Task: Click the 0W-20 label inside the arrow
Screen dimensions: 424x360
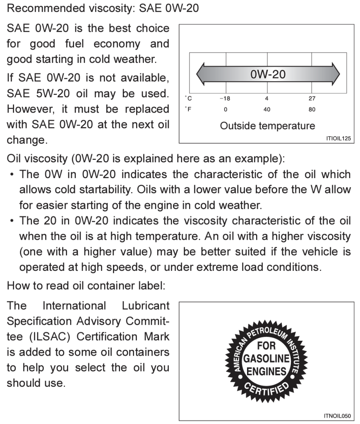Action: pyautogui.click(x=268, y=75)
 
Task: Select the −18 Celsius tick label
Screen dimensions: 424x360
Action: pyautogui.click(x=225, y=99)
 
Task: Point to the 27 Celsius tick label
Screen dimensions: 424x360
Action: pyautogui.click(x=312, y=99)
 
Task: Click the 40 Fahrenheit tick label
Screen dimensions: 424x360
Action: pyautogui.click(x=267, y=110)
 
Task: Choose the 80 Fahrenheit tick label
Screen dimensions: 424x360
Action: pyautogui.click(x=312, y=110)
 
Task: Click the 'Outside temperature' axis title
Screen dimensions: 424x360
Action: pyautogui.click(x=267, y=126)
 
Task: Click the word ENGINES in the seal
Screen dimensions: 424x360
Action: pyautogui.click(x=266, y=371)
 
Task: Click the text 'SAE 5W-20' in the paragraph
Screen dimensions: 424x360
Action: pyautogui.click(x=33, y=94)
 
